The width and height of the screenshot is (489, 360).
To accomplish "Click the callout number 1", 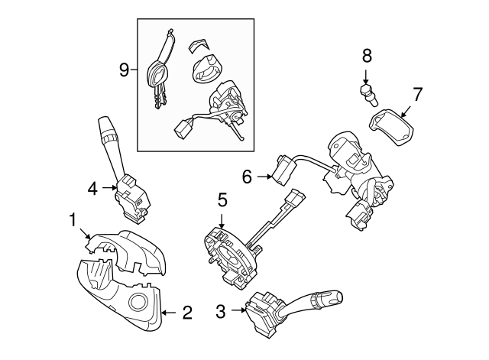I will click(73, 220).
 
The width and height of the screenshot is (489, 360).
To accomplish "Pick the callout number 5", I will click(222, 200).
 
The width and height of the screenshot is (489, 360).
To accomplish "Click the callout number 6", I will click(247, 177).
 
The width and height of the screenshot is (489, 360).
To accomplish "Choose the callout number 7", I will click(417, 96).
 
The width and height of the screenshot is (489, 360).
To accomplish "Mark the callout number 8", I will click(367, 55).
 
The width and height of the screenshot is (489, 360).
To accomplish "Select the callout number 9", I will click(125, 70).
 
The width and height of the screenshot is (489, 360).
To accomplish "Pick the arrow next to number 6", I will click(264, 177).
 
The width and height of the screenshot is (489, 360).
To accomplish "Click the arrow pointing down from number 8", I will click(367, 75).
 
